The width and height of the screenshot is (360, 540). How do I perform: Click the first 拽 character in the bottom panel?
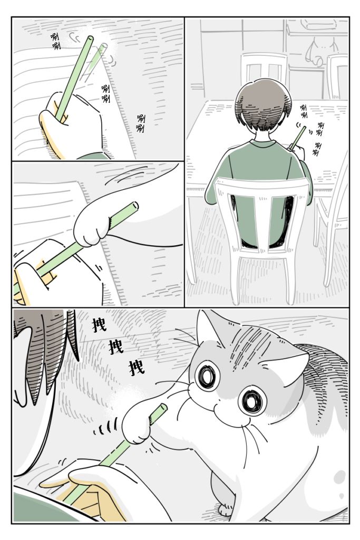[x=99, y=324]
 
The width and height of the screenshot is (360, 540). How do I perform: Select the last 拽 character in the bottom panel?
[x=137, y=367]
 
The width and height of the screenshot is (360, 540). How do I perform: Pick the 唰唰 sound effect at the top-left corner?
[x=55, y=42]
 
